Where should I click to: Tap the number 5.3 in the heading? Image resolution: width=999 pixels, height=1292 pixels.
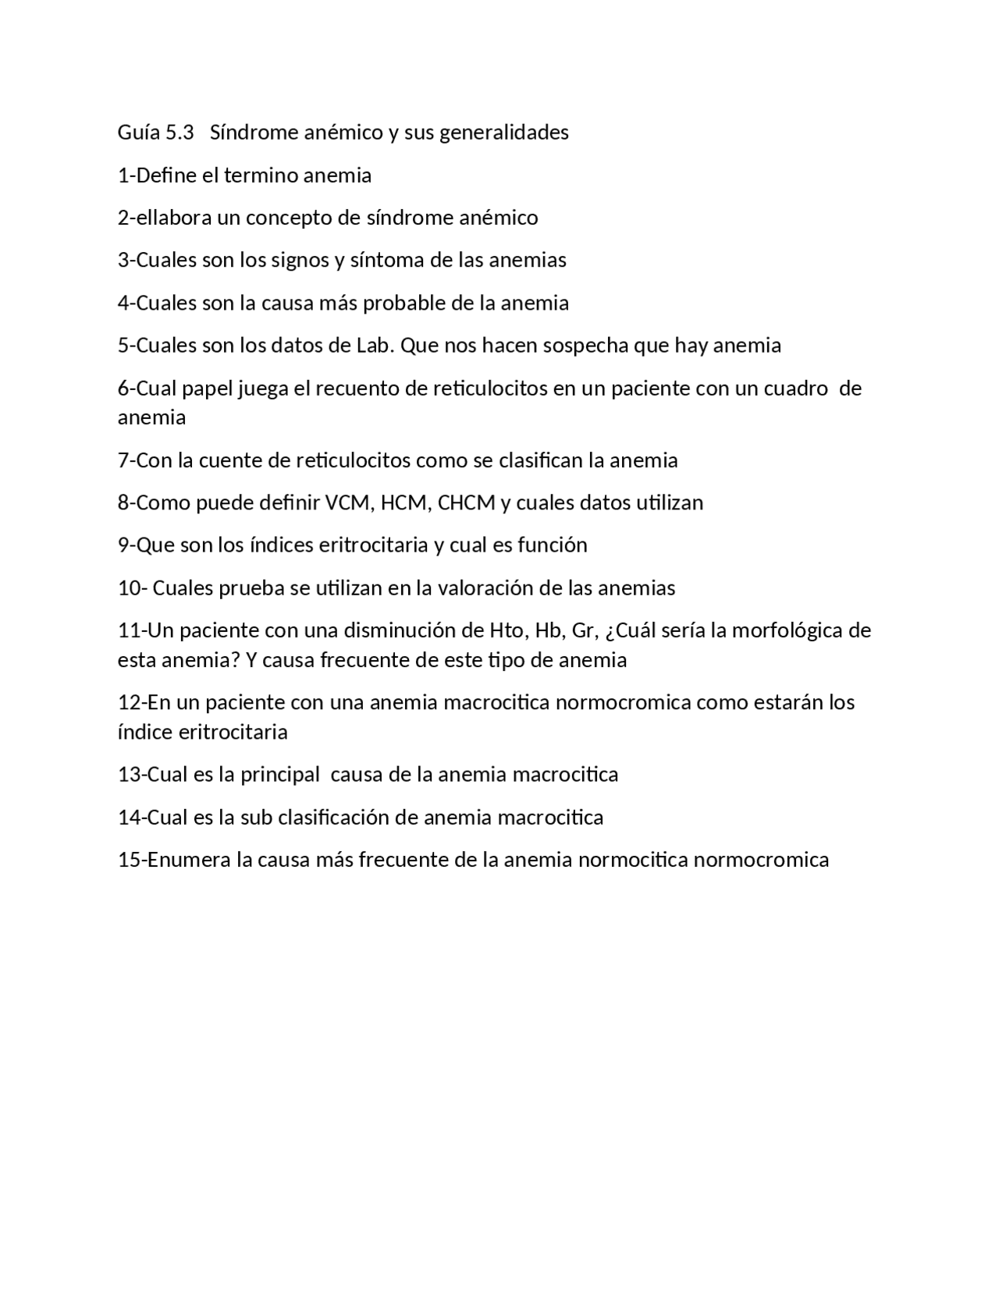tap(180, 133)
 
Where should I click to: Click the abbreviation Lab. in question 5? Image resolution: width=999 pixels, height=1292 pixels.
tap(375, 346)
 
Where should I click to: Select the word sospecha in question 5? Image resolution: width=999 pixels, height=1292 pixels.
tap(585, 346)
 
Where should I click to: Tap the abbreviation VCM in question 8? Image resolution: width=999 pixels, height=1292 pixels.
tap(347, 502)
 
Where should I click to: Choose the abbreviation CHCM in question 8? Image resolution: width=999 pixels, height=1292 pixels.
tap(467, 502)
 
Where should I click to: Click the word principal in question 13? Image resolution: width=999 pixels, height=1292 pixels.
tap(279, 775)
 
